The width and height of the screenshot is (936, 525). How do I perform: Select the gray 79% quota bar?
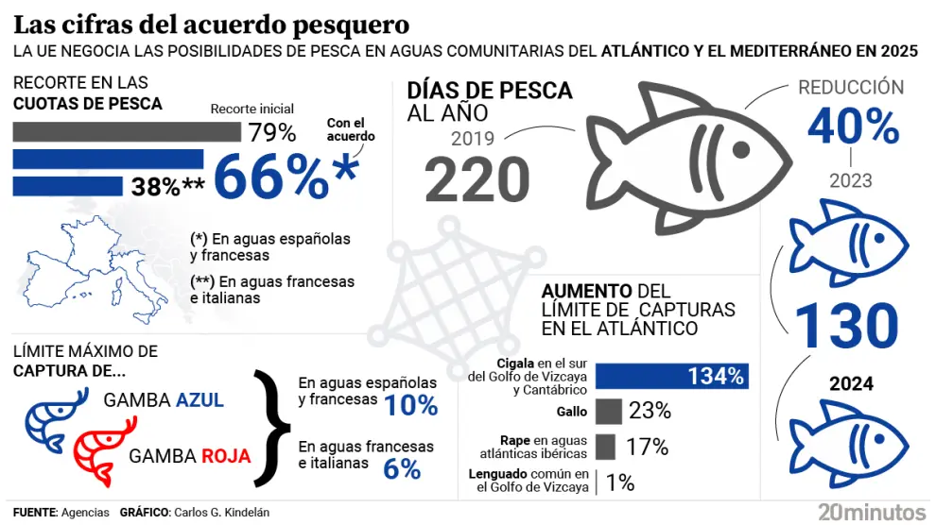[128, 130]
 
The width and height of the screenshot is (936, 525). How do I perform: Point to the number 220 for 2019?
[477, 179]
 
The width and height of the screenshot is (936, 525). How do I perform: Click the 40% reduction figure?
[852, 127]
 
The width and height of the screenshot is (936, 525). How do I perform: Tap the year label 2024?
[851, 384]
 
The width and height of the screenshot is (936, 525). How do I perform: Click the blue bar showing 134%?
[672, 376]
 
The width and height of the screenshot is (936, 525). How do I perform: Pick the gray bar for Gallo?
[609, 411]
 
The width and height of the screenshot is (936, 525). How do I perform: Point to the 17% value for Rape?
[648, 447]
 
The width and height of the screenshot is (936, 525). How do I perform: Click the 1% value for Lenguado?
[620, 483]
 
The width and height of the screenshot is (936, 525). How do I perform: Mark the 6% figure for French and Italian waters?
[402, 468]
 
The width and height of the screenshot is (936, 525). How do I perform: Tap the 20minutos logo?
[872, 511]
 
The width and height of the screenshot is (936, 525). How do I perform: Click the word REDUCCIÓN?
[851, 88]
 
